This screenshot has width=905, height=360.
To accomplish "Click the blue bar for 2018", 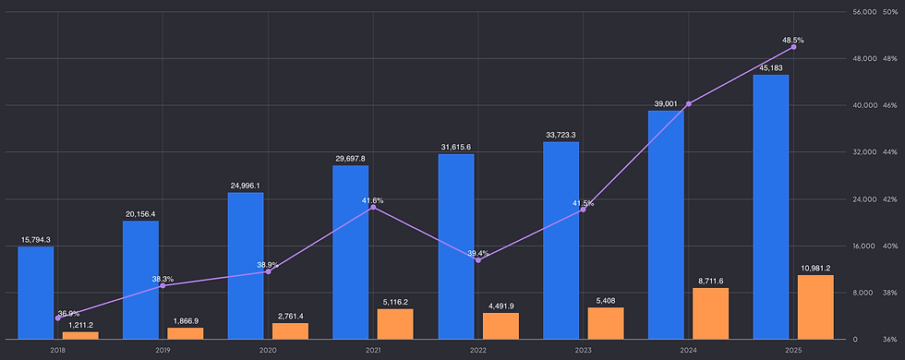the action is click(x=36, y=294).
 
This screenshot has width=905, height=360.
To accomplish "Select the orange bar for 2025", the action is click(x=816, y=306).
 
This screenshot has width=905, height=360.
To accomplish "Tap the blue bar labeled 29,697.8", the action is click(x=350, y=252).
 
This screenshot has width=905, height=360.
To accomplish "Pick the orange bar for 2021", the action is click(x=395, y=324).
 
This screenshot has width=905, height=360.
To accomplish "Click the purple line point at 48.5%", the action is click(x=793, y=47).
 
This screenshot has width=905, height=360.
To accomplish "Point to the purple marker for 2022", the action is click(x=478, y=260).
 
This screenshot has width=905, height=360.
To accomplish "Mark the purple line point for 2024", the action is click(x=689, y=103).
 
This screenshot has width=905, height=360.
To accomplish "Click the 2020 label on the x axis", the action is click(x=268, y=350).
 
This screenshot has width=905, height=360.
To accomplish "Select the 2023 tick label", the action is click(x=583, y=350).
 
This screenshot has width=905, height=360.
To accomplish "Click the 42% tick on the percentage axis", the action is click(x=890, y=199).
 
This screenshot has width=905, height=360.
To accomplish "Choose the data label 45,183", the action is click(x=771, y=68).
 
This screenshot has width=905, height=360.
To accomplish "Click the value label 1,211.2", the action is click(x=81, y=325).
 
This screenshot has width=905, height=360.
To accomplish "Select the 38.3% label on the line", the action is click(x=163, y=279).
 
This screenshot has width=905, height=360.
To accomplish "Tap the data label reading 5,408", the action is click(x=606, y=301).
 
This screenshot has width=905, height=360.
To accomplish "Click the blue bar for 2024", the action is click(x=666, y=225).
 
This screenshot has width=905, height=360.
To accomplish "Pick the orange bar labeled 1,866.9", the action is click(x=186, y=333).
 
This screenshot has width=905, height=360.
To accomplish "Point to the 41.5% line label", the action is click(x=583, y=203).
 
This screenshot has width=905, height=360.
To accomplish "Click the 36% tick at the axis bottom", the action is click(x=890, y=340).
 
